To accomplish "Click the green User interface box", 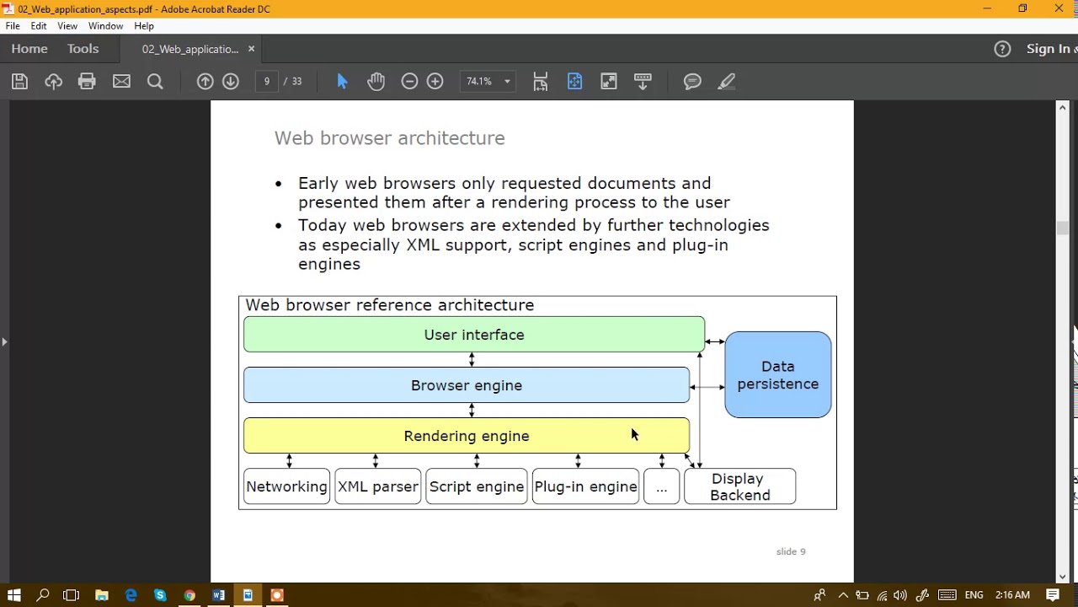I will click(473, 335).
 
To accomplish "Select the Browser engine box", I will click(466, 385).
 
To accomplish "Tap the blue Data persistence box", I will click(777, 375).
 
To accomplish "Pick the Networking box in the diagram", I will click(286, 486).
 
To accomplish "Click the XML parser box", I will click(377, 486).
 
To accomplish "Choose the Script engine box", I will click(476, 486).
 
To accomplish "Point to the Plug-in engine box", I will click(585, 486).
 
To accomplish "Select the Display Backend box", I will click(739, 486).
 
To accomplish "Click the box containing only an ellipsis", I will click(661, 486).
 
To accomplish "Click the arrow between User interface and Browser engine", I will click(472, 359).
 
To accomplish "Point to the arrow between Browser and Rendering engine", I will click(472, 410).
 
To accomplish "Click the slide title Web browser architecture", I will click(389, 137).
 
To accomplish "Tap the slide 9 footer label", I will click(790, 551).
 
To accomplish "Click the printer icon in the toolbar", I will click(87, 81).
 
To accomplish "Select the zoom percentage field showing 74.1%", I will click(480, 81).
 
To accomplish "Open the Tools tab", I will click(83, 49).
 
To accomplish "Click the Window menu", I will click(105, 26).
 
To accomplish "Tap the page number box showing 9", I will click(267, 81).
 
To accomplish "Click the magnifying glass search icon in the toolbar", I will click(155, 81).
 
